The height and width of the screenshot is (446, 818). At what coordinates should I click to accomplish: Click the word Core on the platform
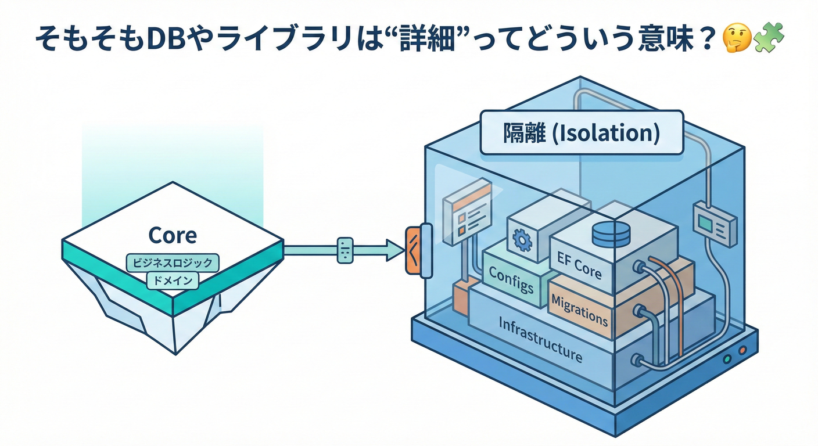tap(173, 235)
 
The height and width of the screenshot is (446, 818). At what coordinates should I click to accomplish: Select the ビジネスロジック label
tap(173, 263)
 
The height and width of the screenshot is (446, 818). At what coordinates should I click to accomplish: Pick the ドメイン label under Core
tap(173, 280)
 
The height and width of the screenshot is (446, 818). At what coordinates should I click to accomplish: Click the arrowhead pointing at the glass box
tap(396, 250)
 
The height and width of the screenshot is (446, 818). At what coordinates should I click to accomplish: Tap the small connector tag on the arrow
tap(345, 250)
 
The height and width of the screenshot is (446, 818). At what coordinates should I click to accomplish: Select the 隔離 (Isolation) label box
tap(581, 133)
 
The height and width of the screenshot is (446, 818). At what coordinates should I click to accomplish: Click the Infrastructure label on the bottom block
tap(540, 339)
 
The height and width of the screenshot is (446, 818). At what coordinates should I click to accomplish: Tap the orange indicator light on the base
tap(742, 350)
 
